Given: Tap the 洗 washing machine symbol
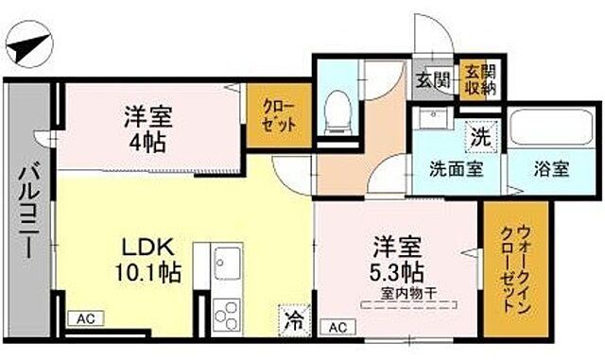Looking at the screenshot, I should tap(480, 135).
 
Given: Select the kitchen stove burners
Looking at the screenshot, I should tap(227, 312).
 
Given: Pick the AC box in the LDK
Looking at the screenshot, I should tap(86, 318).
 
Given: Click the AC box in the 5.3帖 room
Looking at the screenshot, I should tap(337, 327).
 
